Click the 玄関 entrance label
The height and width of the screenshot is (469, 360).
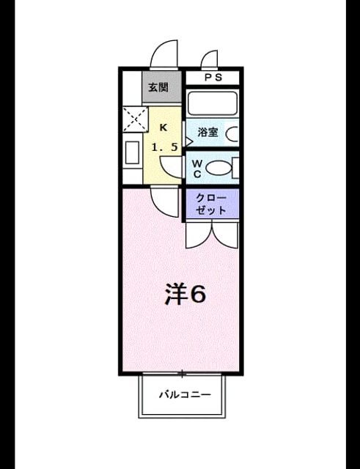pos(158,87)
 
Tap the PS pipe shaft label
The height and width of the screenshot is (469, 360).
pos(213,78)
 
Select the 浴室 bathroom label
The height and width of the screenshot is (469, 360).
pos(207,132)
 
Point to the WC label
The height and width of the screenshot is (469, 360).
pos(197,169)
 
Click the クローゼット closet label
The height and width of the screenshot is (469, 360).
pos(211,204)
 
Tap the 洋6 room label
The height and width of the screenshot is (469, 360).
pos(185,295)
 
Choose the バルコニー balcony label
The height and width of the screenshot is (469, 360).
pos(185,394)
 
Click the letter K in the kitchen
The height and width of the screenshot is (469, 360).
pos(163,128)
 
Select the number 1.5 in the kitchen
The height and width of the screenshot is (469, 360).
pos(165,147)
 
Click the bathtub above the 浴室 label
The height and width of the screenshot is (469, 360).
pos(213,103)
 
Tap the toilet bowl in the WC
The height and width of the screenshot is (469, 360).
pos(218,168)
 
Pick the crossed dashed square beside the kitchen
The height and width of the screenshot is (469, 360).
pos(136,119)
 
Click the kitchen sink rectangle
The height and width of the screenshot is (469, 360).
pos(132,152)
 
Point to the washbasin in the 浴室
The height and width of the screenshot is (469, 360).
pos(232,134)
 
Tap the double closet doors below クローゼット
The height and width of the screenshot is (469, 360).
pos(212,235)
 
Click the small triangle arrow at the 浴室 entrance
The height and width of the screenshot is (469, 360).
pos(189,141)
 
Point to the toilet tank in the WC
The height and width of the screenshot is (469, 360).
pos(235,168)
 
